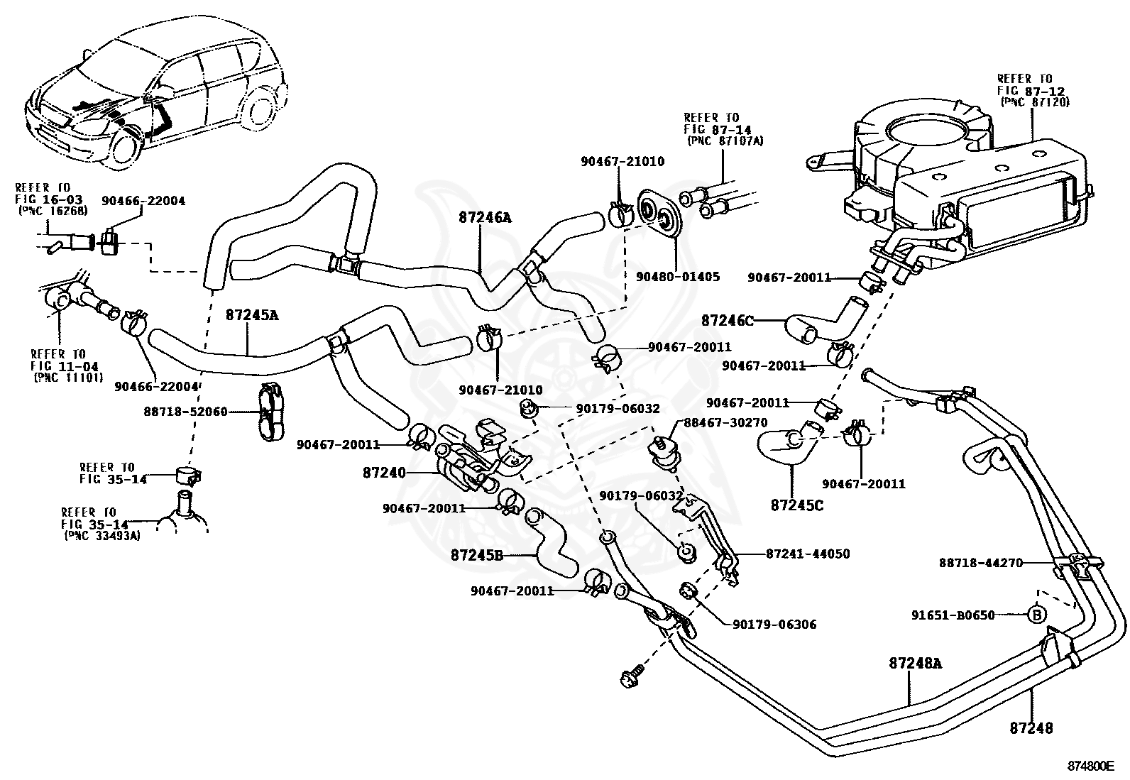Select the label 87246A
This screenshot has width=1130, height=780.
click(486, 218)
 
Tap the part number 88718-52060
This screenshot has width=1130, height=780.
click(185, 411)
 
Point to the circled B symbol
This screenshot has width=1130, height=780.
click(1036, 615)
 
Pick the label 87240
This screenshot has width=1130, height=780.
click(383, 471)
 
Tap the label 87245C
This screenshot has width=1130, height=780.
click(797, 505)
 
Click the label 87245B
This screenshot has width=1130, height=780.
click(477, 555)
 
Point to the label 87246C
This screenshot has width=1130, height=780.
click(728, 320)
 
